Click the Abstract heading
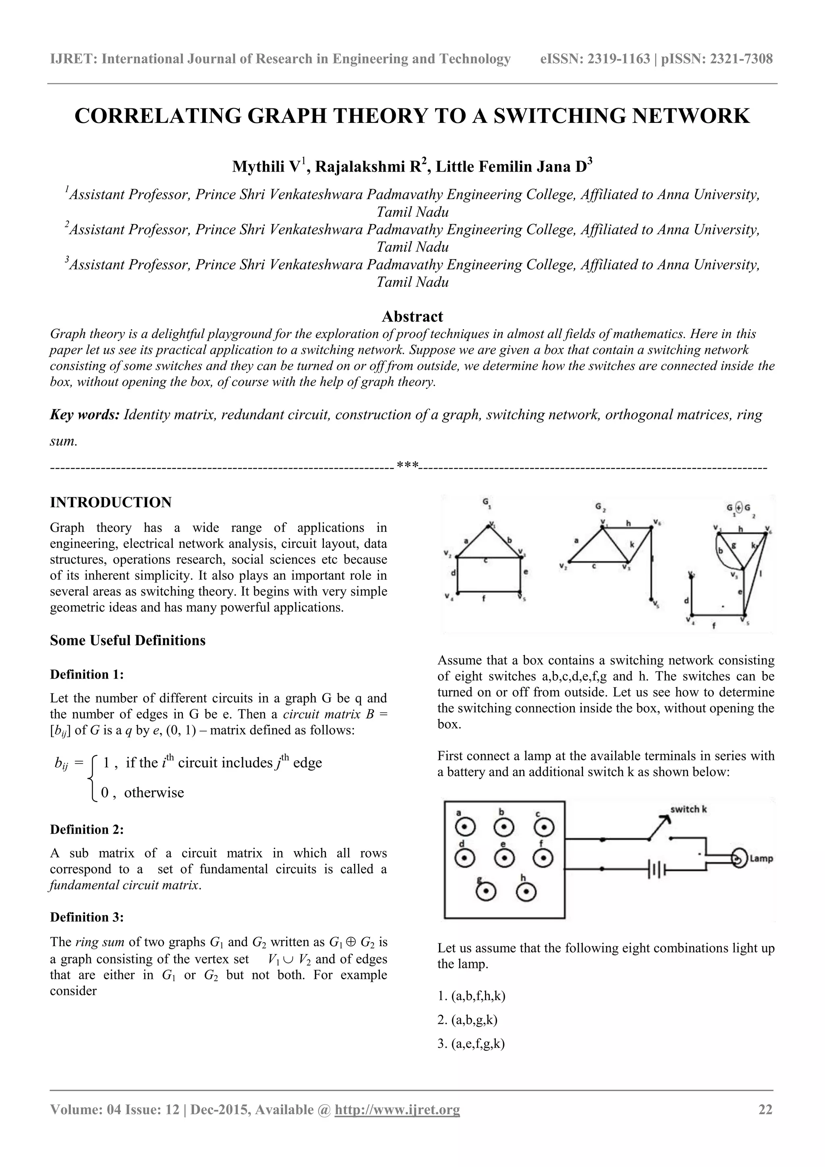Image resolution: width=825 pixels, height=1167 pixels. (412, 317)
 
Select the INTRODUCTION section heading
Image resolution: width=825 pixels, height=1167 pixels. (111, 502)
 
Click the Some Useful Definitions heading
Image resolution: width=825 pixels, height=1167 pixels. (128, 640)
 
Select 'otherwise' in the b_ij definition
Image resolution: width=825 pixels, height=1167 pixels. (153, 792)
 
